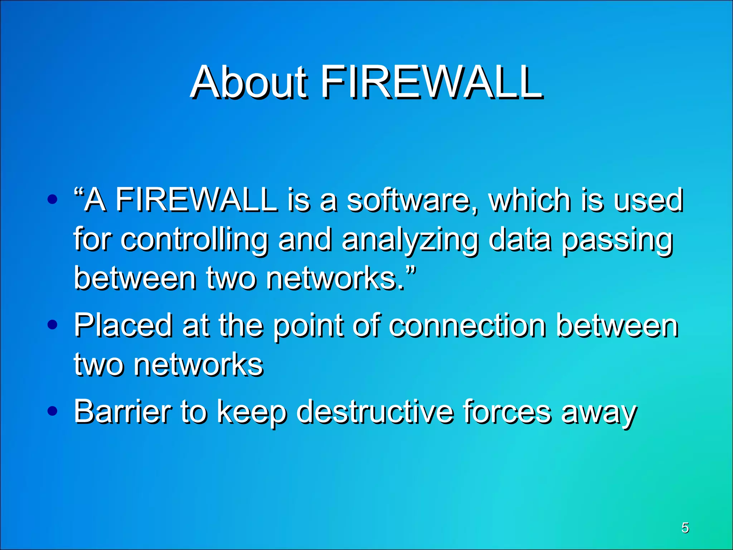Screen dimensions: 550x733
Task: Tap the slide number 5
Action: pos(685,527)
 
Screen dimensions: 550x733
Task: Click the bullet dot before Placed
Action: pos(52,325)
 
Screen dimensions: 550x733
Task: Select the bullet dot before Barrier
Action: pos(52,411)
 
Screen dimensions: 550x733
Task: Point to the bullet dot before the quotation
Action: pos(52,199)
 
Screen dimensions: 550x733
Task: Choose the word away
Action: pos(599,414)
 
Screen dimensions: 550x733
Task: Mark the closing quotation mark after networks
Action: pos(412,269)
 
